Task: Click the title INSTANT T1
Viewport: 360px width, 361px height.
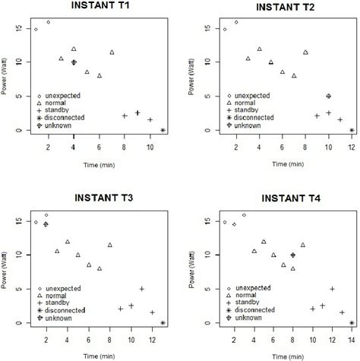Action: point(92,8)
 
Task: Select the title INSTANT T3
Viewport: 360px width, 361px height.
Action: point(92,198)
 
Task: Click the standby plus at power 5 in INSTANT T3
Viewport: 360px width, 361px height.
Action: point(142,289)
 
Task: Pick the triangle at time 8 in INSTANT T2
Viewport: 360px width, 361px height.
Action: point(305,52)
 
